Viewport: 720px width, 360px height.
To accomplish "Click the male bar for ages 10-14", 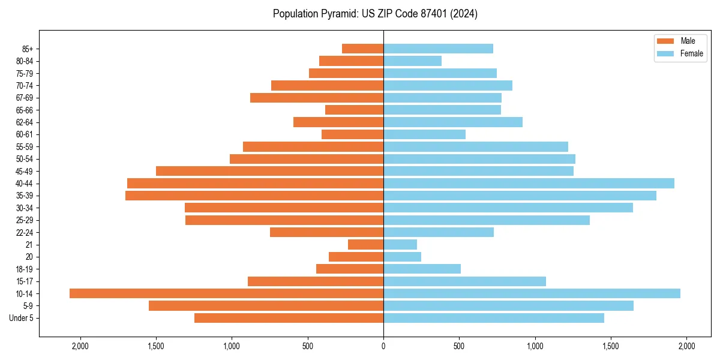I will (226, 293).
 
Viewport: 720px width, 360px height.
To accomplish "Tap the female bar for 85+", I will (438, 49).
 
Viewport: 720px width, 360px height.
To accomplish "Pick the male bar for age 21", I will (365, 245).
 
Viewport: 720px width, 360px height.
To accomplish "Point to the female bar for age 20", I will (402, 257).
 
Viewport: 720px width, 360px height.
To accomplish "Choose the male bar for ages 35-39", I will (254, 196).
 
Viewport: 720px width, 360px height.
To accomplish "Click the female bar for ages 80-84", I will (412, 61).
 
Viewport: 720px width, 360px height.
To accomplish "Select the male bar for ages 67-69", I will (317, 98).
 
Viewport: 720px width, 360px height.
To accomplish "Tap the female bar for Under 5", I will (494, 318).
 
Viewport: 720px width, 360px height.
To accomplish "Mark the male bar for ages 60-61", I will (352, 134).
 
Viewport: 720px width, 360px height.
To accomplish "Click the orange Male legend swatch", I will (666, 41).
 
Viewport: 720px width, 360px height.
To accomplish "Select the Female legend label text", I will (692, 53).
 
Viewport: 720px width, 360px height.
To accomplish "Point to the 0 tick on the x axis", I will (383, 346).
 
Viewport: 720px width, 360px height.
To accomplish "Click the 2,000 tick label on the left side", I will (80, 346).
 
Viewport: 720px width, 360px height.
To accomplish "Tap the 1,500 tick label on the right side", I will (611, 346).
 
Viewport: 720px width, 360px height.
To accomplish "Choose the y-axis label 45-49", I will (25, 171).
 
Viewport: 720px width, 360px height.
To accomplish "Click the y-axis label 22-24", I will (25, 233).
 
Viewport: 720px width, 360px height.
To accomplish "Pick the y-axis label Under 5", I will (22, 318).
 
